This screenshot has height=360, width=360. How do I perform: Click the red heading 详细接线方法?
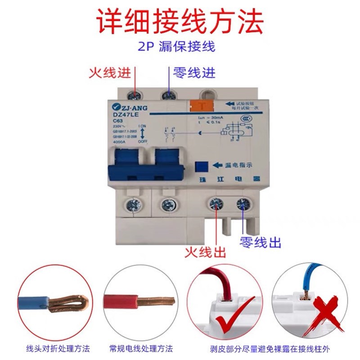click(x=180, y=20)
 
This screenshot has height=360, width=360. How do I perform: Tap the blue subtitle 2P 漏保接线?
click(x=180, y=46)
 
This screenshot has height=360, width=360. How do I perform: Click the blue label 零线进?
click(x=194, y=72)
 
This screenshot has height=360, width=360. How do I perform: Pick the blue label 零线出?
click(x=261, y=243)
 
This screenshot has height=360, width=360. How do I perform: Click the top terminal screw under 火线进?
click(x=134, y=95)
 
